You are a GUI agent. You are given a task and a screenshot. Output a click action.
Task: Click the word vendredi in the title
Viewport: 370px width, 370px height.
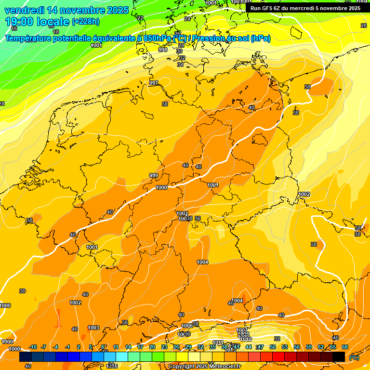tap(24, 10)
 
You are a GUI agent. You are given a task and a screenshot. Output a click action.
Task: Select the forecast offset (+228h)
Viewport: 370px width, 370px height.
tap(86, 22)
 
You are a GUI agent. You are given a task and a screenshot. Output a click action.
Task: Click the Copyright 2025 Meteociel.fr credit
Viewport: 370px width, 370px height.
tap(205, 367)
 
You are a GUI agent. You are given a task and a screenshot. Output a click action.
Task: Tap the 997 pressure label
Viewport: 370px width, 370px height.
tap(154, 83)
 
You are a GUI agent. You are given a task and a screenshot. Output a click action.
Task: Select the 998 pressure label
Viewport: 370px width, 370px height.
tap(163, 50)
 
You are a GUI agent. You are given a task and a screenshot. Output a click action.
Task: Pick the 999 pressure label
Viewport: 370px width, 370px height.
tap(154, 175)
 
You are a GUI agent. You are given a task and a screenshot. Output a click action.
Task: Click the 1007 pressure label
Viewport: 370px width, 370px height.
tap(242, 330)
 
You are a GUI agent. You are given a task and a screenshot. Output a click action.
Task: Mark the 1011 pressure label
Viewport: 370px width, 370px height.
tap(218, 343)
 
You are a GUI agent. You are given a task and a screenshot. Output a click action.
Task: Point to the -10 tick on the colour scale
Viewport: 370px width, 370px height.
tap(33, 347)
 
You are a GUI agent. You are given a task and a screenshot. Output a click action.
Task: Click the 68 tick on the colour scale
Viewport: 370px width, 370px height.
tap(345, 347)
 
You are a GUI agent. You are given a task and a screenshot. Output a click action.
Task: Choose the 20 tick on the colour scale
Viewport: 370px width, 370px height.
tap(152, 347)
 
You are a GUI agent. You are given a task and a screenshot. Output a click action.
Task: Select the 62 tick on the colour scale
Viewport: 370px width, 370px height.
tap(321, 347)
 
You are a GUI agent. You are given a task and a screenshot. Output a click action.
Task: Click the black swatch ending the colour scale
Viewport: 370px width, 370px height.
tap(339, 357)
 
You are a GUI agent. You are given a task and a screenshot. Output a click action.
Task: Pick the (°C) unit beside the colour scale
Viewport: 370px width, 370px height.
tap(354, 357)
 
